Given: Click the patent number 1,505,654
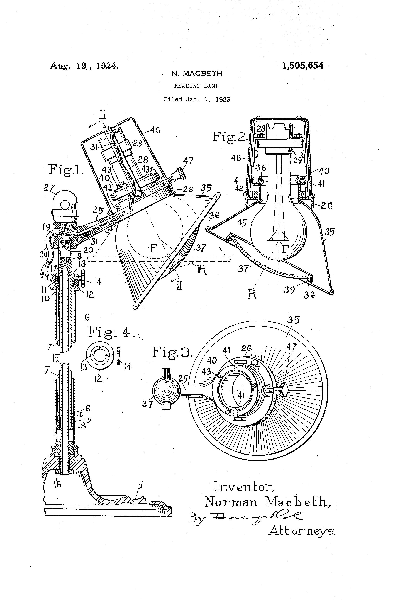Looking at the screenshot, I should click(303, 66).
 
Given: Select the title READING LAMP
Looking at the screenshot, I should click(196, 86).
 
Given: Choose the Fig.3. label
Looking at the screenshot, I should click(172, 352).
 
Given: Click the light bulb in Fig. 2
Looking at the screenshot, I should click(279, 230).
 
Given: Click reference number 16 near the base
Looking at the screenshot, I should click(58, 484).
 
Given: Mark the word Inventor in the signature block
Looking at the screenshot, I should click(244, 487).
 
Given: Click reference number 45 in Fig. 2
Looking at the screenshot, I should click(242, 223).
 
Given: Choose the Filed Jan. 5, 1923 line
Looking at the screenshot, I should click(197, 99).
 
